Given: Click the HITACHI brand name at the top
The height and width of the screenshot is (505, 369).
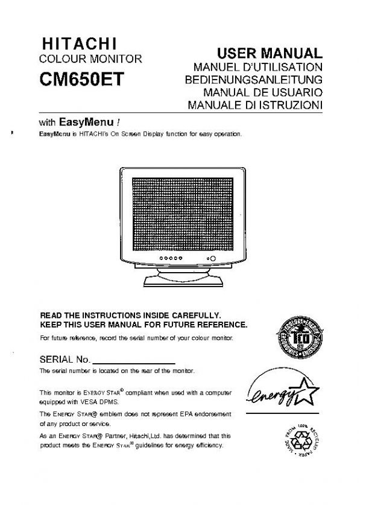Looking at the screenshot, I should tap(78, 45).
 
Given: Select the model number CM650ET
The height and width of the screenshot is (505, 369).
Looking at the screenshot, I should tap(81, 80).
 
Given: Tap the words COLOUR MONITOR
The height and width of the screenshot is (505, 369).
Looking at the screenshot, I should tap(90, 60).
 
